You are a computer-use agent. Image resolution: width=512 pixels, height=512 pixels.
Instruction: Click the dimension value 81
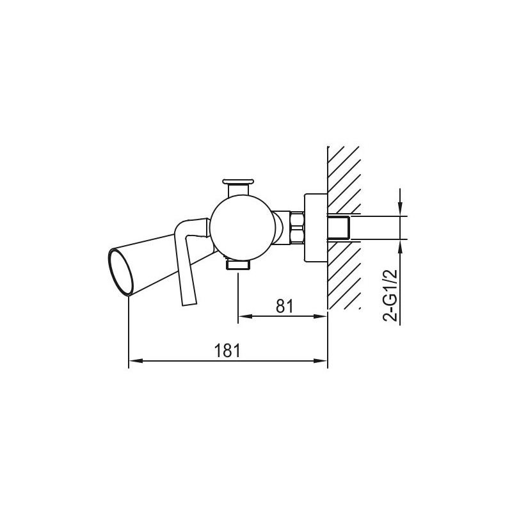point(284,306)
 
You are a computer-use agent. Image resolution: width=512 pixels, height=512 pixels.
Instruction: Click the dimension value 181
point(227,351)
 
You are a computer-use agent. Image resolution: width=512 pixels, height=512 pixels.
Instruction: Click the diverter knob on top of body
point(239,183)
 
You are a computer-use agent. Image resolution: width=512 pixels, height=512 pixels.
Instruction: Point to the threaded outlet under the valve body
point(238,264)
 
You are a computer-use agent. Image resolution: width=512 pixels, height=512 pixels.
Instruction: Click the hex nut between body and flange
point(296,228)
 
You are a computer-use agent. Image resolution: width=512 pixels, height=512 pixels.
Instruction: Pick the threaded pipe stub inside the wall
point(340,228)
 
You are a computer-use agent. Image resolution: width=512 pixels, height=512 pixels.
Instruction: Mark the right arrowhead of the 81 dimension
point(323,316)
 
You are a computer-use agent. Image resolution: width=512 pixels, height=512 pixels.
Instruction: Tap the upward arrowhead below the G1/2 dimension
point(400,245)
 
